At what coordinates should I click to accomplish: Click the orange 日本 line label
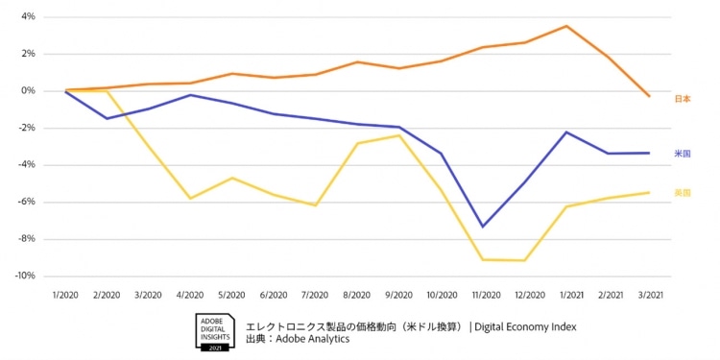point(683,99)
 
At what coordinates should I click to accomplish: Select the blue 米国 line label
point(683,154)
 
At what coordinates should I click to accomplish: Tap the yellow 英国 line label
point(683,193)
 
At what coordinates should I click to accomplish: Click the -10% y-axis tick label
point(24,276)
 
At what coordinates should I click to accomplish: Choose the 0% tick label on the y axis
point(27,91)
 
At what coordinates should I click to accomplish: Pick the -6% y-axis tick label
point(26,203)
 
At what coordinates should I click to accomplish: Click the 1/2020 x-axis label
point(66,295)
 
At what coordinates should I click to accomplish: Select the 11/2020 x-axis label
point(483,295)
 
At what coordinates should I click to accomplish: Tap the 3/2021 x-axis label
point(650,295)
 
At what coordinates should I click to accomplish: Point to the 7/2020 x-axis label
point(316,295)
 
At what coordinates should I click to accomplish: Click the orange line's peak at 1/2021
point(566,26)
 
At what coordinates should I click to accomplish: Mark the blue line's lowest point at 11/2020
point(483,227)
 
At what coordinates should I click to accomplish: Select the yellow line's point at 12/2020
point(525,260)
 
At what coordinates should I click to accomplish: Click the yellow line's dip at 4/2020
point(191,199)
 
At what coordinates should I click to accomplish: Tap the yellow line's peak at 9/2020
point(399,135)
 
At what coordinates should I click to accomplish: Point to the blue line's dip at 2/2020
point(108,118)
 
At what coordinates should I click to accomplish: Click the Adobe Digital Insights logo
point(214,331)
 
